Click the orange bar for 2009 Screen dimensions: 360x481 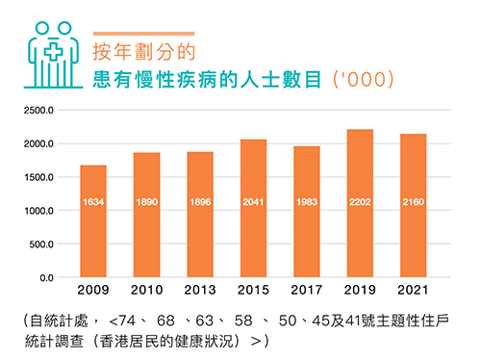tap(93, 221)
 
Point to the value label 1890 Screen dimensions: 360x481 tap(146, 203)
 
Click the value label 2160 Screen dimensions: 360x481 tap(413, 203)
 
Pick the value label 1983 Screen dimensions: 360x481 tap(306, 203)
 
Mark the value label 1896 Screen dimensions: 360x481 tap(200, 203)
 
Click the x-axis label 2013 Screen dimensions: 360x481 tap(200, 290)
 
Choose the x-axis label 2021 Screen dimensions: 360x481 tap(413, 290)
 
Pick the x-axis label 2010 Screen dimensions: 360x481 tap(146, 290)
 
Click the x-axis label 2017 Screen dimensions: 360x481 tap(306, 290)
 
